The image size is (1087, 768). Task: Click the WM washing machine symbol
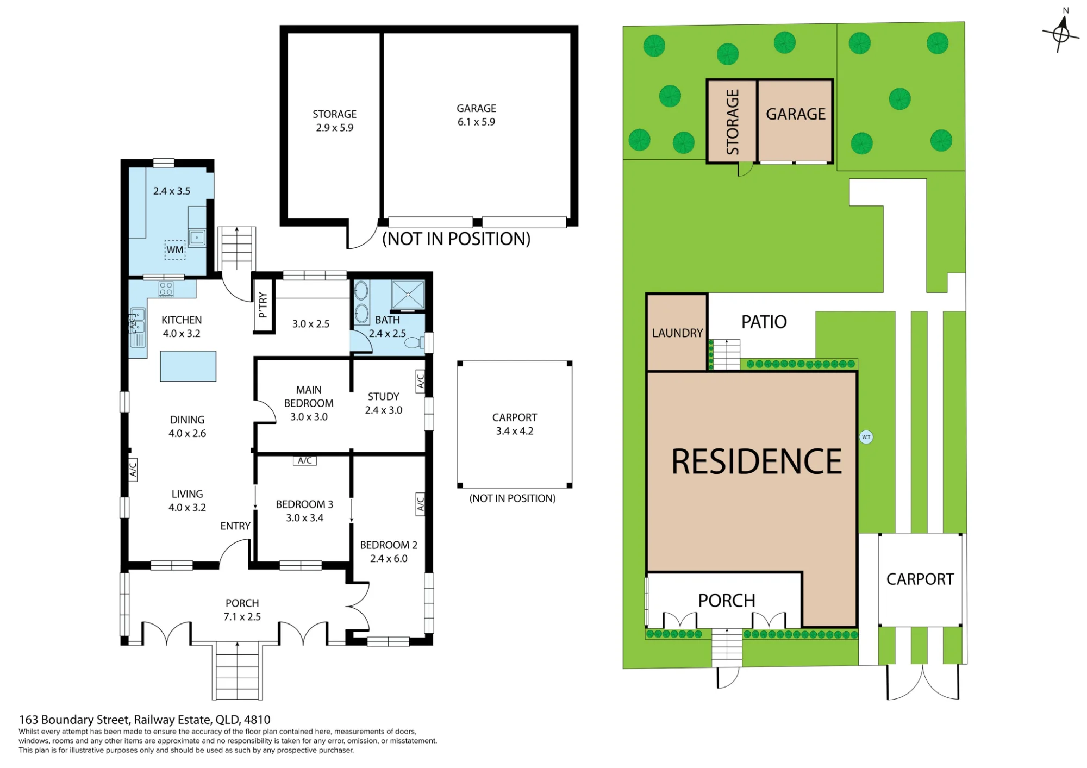click(x=175, y=250)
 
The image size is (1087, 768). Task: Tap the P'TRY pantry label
click(x=263, y=305)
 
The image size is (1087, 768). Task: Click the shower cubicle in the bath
click(x=408, y=295)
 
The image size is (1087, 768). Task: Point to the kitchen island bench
click(x=188, y=366)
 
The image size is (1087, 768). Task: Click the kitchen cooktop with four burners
click(x=166, y=289)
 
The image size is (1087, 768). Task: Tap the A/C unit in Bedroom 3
click(x=304, y=460)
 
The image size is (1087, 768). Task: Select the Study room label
click(x=384, y=397)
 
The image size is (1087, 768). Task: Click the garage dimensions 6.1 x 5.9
click(x=476, y=122)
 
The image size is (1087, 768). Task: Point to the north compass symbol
click(x=1061, y=33)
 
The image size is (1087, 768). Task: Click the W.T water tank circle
click(x=866, y=437)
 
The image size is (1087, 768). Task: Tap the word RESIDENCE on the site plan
click(x=757, y=462)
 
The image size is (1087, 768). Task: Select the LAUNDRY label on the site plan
click(x=677, y=333)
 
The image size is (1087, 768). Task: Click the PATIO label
click(x=764, y=322)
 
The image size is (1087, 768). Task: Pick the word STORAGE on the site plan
click(x=733, y=122)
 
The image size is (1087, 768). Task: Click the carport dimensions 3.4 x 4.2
click(x=515, y=431)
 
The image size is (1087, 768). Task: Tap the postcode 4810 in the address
click(x=257, y=720)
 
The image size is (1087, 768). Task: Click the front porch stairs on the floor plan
click(x=237, y=671)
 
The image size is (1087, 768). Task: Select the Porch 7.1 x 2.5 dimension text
click(x=242, y=617)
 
